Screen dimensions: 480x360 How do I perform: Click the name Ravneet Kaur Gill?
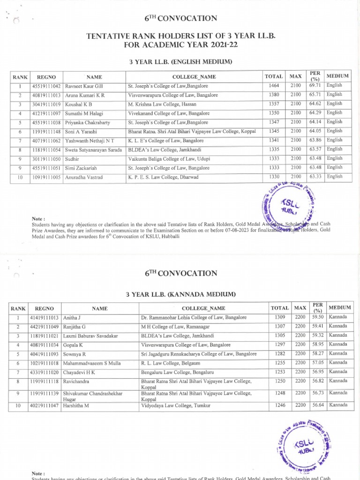[x=83, y=86]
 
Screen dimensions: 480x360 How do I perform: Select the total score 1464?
[x=274, y=85]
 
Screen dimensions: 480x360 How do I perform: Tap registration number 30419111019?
[x=47, y=104]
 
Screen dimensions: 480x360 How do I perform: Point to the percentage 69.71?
[x=315, y=85]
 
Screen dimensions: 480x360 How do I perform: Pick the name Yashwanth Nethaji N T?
[x=87, y=140]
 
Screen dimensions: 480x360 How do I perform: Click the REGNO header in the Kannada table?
[x=45, y=308]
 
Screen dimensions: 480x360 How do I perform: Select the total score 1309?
[x=280, y=317]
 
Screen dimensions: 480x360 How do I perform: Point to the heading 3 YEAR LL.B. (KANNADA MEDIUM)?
[x=180, y=294]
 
